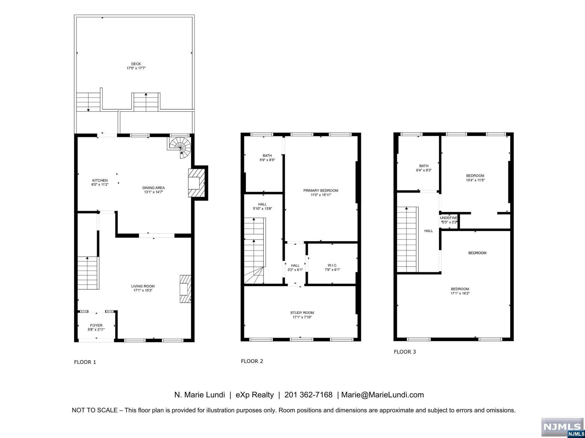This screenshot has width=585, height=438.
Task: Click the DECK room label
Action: click(x=136, y=64)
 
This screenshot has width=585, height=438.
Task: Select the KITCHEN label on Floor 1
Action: click(x=100, y=180)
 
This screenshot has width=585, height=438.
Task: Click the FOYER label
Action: click(x=96, y=325)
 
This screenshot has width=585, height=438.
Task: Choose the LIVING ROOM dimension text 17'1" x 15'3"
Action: click(x=143, y=290)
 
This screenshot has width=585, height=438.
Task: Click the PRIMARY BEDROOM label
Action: click(x=321, y=191)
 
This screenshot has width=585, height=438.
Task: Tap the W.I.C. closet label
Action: click(x=333, y=265)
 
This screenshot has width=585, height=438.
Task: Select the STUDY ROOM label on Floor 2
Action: click(x=302, y=313)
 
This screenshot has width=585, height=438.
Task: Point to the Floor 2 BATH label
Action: click(x=267, y=155)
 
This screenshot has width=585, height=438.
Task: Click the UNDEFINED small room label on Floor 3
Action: click(x=449, y=218)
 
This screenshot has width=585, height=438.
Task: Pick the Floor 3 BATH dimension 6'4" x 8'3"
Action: click(x=424, y=170)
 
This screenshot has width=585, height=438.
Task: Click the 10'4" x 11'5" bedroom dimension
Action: click(x=475, y=180)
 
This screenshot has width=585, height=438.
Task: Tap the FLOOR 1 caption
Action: click(x=85, y=362)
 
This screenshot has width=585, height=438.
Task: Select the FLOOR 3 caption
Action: click(x=405, y=352)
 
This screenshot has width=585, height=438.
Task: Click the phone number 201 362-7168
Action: click(x=309, y=395)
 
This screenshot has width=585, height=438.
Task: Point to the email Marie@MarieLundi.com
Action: click(x=383, y=395)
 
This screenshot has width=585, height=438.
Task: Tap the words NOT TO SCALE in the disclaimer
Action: click(x=94, y=410)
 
